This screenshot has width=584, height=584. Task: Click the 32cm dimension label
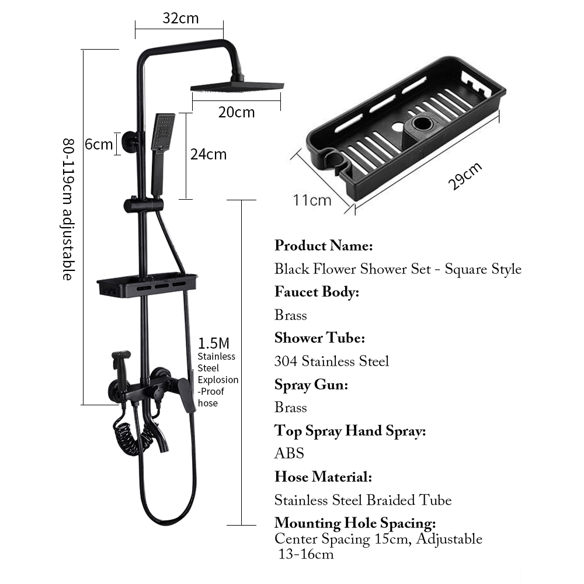(x=180, y=18)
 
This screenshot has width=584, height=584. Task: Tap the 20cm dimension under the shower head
(x=237, y=112)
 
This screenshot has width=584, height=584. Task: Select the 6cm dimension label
(x=98, y=144)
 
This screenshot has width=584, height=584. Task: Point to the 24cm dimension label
(x=208, y=154)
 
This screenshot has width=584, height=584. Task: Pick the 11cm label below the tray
(x=312, y=200)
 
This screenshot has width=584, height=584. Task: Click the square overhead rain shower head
(x=237, y=86)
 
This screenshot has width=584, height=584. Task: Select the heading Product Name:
(x=324, y=245)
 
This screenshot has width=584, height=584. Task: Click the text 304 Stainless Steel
(x=332, y=361)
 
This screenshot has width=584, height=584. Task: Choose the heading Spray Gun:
(x=311, y=384)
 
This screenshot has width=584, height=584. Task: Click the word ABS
(x=289, y=453)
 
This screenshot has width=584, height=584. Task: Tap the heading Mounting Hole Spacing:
(x=355, y=523)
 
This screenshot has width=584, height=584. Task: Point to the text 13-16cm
(x=305, y=554)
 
